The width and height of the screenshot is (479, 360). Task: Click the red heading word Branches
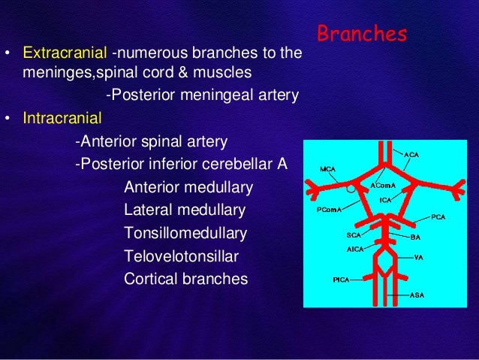[361, 35]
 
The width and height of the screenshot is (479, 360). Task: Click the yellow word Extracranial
[65, 54]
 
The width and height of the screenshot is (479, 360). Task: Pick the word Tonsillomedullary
[185, 234]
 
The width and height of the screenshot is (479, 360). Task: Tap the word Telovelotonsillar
[181, 256]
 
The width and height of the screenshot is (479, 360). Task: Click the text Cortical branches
[185, 279]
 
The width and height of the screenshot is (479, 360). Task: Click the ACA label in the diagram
[411, 155]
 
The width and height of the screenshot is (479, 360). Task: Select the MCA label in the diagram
[327, 169]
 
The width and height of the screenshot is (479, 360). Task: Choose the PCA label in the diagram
[439, 216]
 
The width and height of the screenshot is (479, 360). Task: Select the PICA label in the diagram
[342, 280]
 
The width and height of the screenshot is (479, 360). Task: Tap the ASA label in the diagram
[417, 295]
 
